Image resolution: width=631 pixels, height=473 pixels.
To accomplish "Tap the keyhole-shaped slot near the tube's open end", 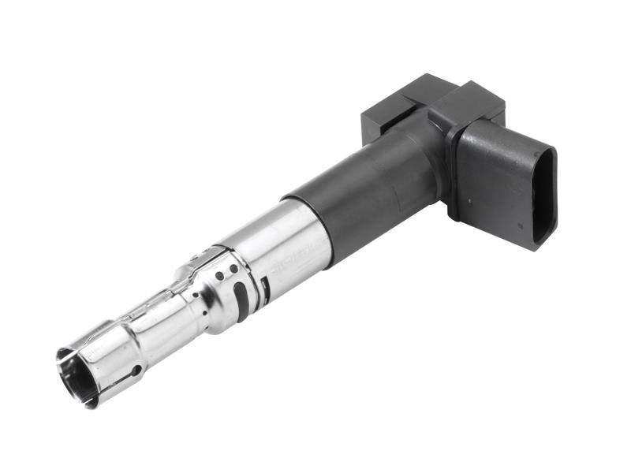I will pyautogui.click(x=135, y=371).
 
